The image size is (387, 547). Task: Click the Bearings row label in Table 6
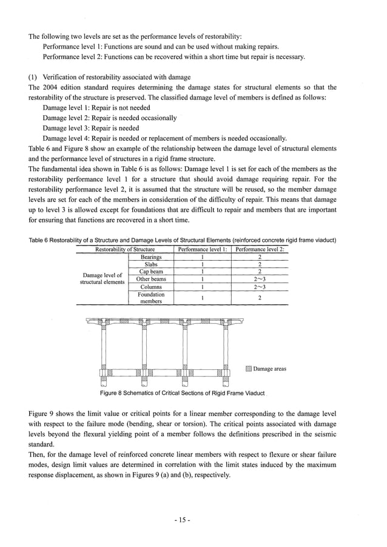click(x=151, y=257)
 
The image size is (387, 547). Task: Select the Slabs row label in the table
click(x=151, y=264)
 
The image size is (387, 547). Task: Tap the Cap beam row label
click(x=151, y=272)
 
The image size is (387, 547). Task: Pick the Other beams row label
click(x=151, y=279)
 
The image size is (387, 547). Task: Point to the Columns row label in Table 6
click(x=151, y=287)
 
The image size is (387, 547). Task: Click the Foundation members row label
click(x=151, y=297)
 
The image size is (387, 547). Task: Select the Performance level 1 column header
click(x=201, y=249)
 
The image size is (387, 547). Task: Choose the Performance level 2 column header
click(x=260, y=249)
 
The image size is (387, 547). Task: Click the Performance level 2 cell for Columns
click(x=260, y=287)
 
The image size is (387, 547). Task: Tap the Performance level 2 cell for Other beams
click(x=260, y=279)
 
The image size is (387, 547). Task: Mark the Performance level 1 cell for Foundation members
click(x=201, y=297)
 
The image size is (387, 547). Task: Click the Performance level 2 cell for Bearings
click(x=260, y=257)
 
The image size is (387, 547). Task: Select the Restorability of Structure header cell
click(x=124, y=249)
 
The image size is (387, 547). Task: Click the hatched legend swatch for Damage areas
click(x=248, y=369)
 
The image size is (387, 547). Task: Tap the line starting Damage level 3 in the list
click(x=91, y=128)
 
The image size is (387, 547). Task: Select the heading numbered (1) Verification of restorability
click(x=109, y=77)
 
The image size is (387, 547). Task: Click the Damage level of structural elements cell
click(x=102, y=279)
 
